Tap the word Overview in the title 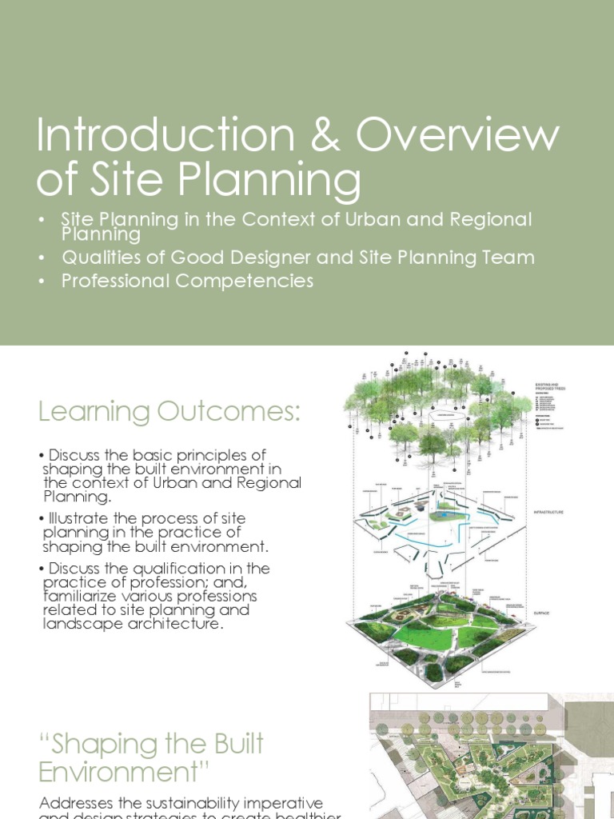457,136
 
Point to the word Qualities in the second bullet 95,258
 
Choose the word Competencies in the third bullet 241,281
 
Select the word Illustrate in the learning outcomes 77,517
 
